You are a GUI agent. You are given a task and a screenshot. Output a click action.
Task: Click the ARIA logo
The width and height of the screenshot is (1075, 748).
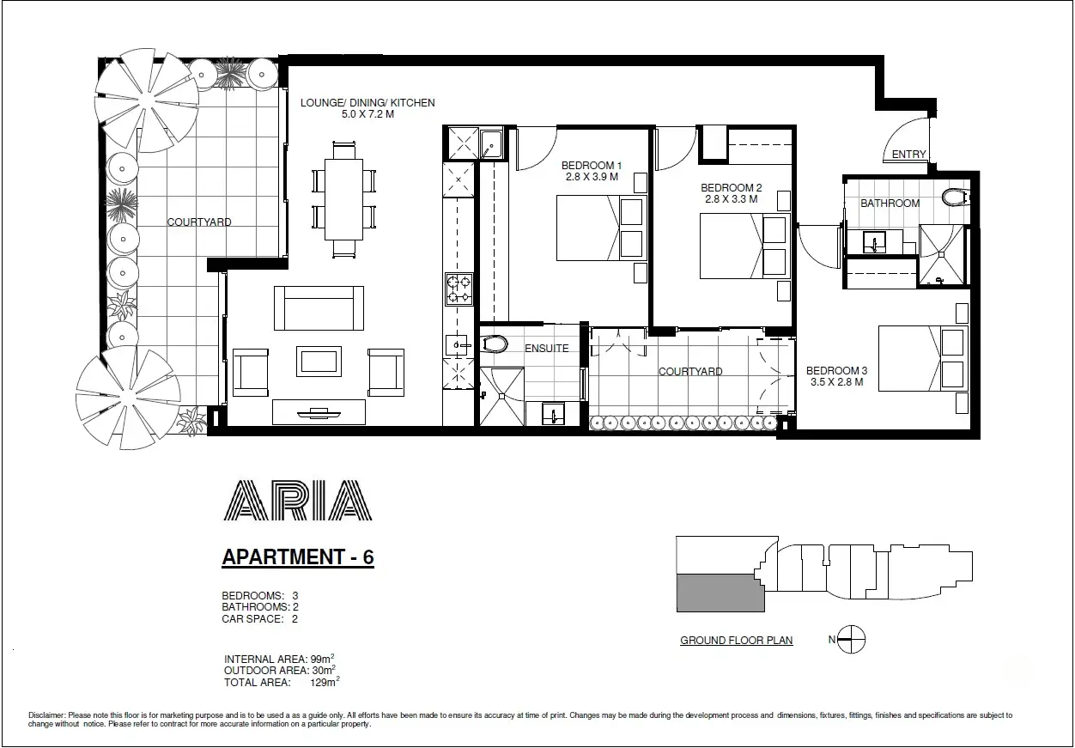coord(297,500)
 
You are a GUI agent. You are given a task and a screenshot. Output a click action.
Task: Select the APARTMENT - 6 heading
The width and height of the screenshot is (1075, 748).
coord(298,556)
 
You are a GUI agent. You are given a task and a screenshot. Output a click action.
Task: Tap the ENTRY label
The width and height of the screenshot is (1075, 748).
coord(908,155)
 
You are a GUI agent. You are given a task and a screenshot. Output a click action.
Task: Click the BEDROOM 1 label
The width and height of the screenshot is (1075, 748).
coord(591,166)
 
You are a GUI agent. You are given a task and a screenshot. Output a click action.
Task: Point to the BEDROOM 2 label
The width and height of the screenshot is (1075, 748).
coord(731,188)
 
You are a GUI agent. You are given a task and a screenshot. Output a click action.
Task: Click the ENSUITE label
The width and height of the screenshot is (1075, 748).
coord(547,349)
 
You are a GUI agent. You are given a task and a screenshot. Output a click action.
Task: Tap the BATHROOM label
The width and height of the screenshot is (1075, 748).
coord(890,204)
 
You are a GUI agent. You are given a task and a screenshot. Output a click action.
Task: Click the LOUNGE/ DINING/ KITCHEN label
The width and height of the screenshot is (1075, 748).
coord(367,103)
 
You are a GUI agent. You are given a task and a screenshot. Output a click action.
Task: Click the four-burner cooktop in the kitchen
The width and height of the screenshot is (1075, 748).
coord(458,289)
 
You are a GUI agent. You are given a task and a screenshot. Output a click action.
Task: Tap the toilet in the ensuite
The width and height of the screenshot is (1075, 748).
coord(497,345)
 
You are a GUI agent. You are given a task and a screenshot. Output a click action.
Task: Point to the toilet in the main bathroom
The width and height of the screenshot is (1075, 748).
coord(953,198)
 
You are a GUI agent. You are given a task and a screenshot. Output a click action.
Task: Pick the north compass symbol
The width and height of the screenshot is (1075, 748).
coord(851,639)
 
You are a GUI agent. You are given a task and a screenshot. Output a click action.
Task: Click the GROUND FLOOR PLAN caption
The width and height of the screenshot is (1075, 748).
coord(736,641)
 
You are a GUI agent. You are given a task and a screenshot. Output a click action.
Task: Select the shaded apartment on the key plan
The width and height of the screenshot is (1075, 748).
coord(720,593)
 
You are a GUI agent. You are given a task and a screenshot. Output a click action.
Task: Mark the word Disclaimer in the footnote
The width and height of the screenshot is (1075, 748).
coord(46,715)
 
